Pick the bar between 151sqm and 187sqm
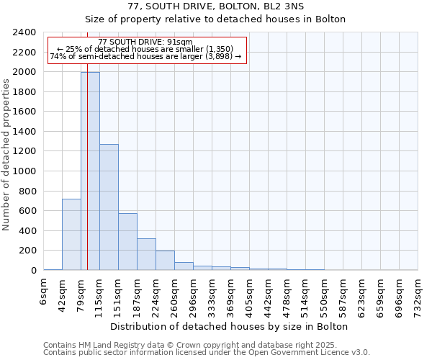click(127, 241)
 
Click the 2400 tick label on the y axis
click(24, 32)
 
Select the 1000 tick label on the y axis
click(24, 171)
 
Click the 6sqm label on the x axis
click(44, 291)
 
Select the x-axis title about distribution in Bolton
click(230, 326)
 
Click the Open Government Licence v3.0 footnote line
click(207, 353)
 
